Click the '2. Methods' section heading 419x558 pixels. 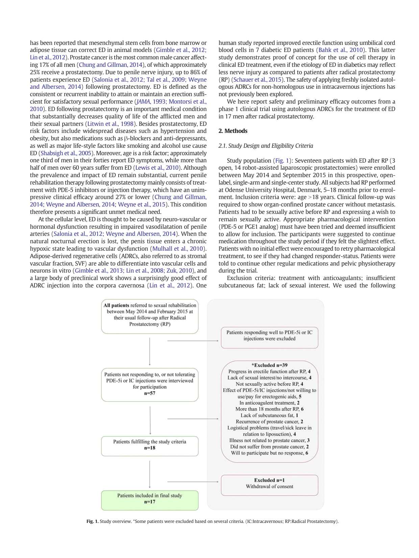click(233, 131)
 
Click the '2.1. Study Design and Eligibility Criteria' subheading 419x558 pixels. click(266, 146)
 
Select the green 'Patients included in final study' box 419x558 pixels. click(150, 500)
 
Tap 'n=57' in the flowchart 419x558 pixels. click(150, 393)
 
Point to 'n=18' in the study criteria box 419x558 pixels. click(150, 448)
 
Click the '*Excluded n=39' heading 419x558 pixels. click(269, 365)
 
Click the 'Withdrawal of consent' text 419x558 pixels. click(269, 486)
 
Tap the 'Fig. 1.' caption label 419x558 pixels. click(92, 521)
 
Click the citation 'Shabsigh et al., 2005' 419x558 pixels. click(66, 153)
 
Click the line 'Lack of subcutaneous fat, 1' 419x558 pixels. click(269, 415)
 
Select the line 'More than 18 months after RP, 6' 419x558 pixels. click(269, 409)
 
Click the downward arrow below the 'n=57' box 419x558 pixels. click(150, 420)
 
